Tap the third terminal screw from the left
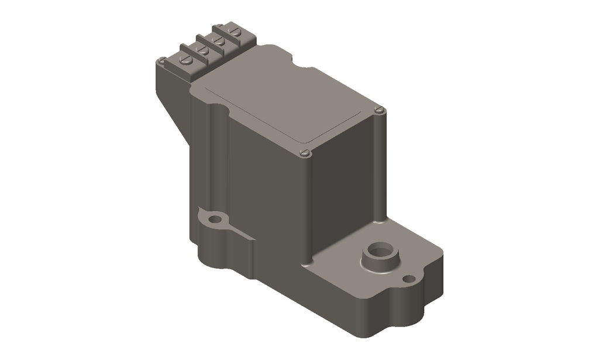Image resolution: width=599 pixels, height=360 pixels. click(x=219, y=40)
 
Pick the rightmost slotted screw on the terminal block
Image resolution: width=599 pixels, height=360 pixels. click(x=235, y=32)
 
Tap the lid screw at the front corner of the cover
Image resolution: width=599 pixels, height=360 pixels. click(x=304, y=153)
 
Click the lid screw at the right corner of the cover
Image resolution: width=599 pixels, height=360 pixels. click(x=380, y=109)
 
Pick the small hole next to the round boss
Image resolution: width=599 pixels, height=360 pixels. click(x=409, y=279)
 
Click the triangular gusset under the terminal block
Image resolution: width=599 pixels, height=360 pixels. click(x=173, y=108)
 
